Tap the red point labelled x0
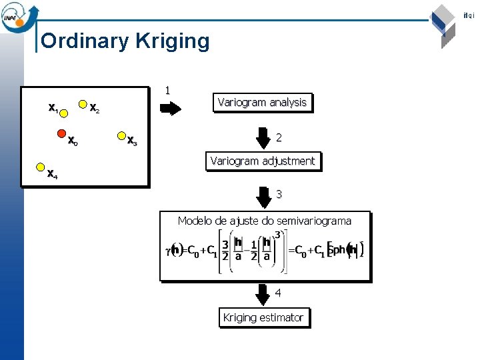point(61,132)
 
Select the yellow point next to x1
point(65,113)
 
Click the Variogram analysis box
point(262,103)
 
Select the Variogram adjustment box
point(263,161)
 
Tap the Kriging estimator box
point(263,317)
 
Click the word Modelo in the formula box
point(195,221)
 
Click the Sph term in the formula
point(338,251)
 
